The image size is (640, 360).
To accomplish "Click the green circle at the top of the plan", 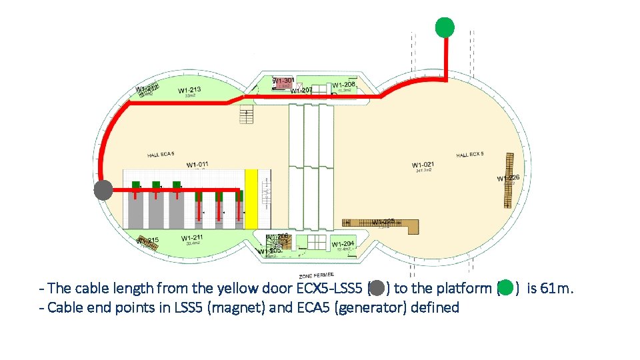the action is [x=445, y=27].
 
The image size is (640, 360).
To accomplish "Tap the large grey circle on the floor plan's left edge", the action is [x=103, y=190].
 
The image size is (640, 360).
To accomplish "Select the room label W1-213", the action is [x=189, y=90].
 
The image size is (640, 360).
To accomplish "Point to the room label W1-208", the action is [x=343, y=85].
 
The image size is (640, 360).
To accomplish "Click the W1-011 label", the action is [x=198, y=165].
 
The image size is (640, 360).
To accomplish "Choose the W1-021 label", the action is [x=423, y=165].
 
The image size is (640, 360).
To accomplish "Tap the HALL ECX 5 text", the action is [x=470, y=155].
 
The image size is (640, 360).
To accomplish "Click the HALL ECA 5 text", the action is [x=161, y=155].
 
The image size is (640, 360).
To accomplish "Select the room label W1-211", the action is [x=192, y=237].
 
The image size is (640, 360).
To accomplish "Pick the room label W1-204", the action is [x=343, y=244].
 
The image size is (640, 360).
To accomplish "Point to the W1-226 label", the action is [x=508, y=178].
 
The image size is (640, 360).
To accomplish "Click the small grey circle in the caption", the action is [x=377, y=288].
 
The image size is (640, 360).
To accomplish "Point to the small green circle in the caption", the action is [x=506, y=288].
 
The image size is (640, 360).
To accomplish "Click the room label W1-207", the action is [x=302, y=90].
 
